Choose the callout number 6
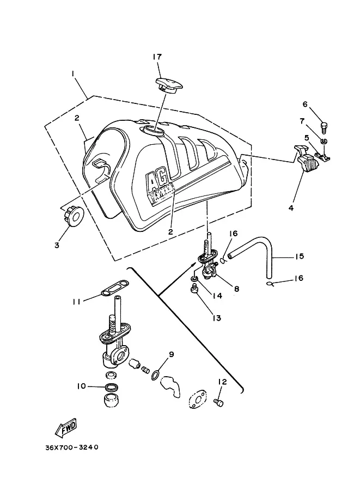coord(320,104)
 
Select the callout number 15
coord(300,256)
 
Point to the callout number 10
coord(81,386)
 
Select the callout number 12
coord(222,382)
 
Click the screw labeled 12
coord(220,403)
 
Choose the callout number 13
coord(217,317)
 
